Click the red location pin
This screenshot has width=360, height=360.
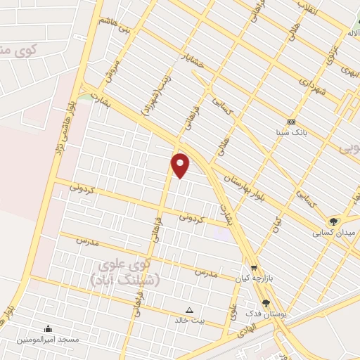(x=181, y=164)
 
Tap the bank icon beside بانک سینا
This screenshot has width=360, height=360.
(x=292, y=122)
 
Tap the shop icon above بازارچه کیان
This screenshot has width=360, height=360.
(x=254, y=268)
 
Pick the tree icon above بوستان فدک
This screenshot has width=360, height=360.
(x=265, y=303)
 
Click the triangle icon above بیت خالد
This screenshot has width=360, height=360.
(x=188, y=309)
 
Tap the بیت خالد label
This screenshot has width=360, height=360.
(x=188, y=320)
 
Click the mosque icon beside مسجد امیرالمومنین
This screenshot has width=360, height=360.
(x=47, y=328)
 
